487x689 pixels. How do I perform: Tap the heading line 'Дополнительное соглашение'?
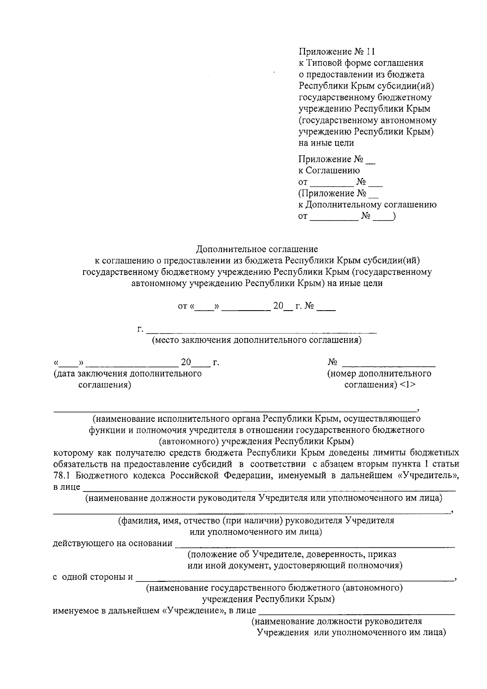[x=257, y=249]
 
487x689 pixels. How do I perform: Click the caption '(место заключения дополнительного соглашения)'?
[x=256, y=340]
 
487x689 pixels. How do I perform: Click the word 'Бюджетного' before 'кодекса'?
[x=97, y=475]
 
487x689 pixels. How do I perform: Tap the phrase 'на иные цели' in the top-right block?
[x=326, y=143]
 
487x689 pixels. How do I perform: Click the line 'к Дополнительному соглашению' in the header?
[x=368, y=205]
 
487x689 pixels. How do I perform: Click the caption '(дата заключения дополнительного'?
[x=128, y=374]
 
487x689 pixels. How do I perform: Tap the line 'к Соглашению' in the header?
[x=329, y=171]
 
